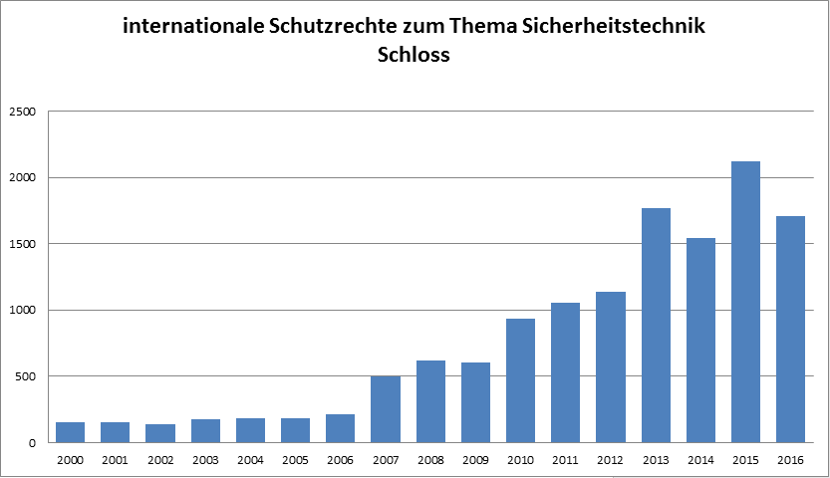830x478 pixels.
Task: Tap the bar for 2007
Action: click(x=385, y=408)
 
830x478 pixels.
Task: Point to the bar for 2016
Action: click(x=790, y=329)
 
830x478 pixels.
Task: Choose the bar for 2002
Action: click(x=159, y=433)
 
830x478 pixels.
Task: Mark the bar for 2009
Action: click(x=475, y=402)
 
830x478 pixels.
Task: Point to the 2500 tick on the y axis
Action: click(x=22, y=112)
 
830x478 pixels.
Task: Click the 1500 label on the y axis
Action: click(x=22, y=244)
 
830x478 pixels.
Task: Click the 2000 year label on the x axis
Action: click(x=70, y=461)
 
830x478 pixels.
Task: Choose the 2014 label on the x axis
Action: click(x=700, y=461)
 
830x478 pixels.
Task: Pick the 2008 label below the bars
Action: click(x=430, y=461)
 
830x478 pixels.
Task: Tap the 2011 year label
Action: click(x=566, y=461)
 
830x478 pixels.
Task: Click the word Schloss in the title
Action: click(x=415, y=55)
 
